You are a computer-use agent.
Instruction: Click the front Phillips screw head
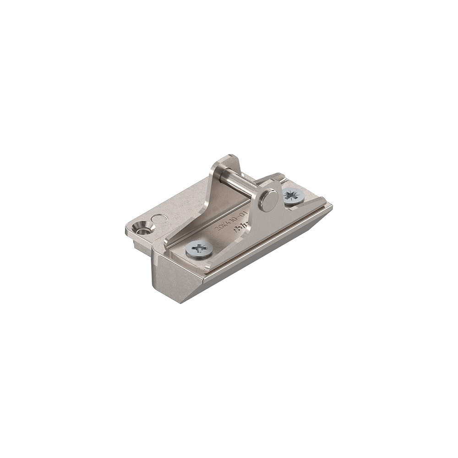coord(199,250)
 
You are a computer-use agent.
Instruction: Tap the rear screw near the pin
coord(294,196)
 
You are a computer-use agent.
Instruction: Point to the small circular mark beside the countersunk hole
coord(159,218)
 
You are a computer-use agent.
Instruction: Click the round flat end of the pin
coord(268,200)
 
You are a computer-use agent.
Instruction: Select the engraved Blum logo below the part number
coord(242,228)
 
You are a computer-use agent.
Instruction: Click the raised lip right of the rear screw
coord(316,202)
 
